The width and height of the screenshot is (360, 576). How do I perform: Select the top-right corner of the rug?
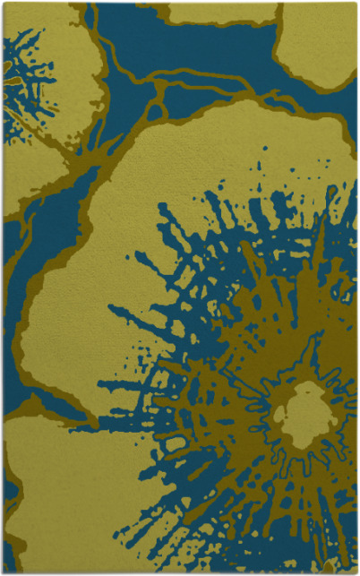pyautogui.click(x=356, y=4)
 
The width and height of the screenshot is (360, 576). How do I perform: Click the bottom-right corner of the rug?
pyautogui.click(x=356, y=572)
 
